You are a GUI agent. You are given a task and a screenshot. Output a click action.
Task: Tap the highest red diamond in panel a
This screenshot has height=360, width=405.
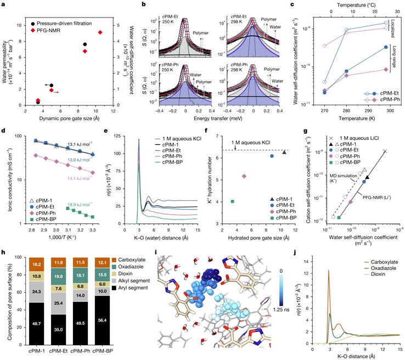tap(99, 32)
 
